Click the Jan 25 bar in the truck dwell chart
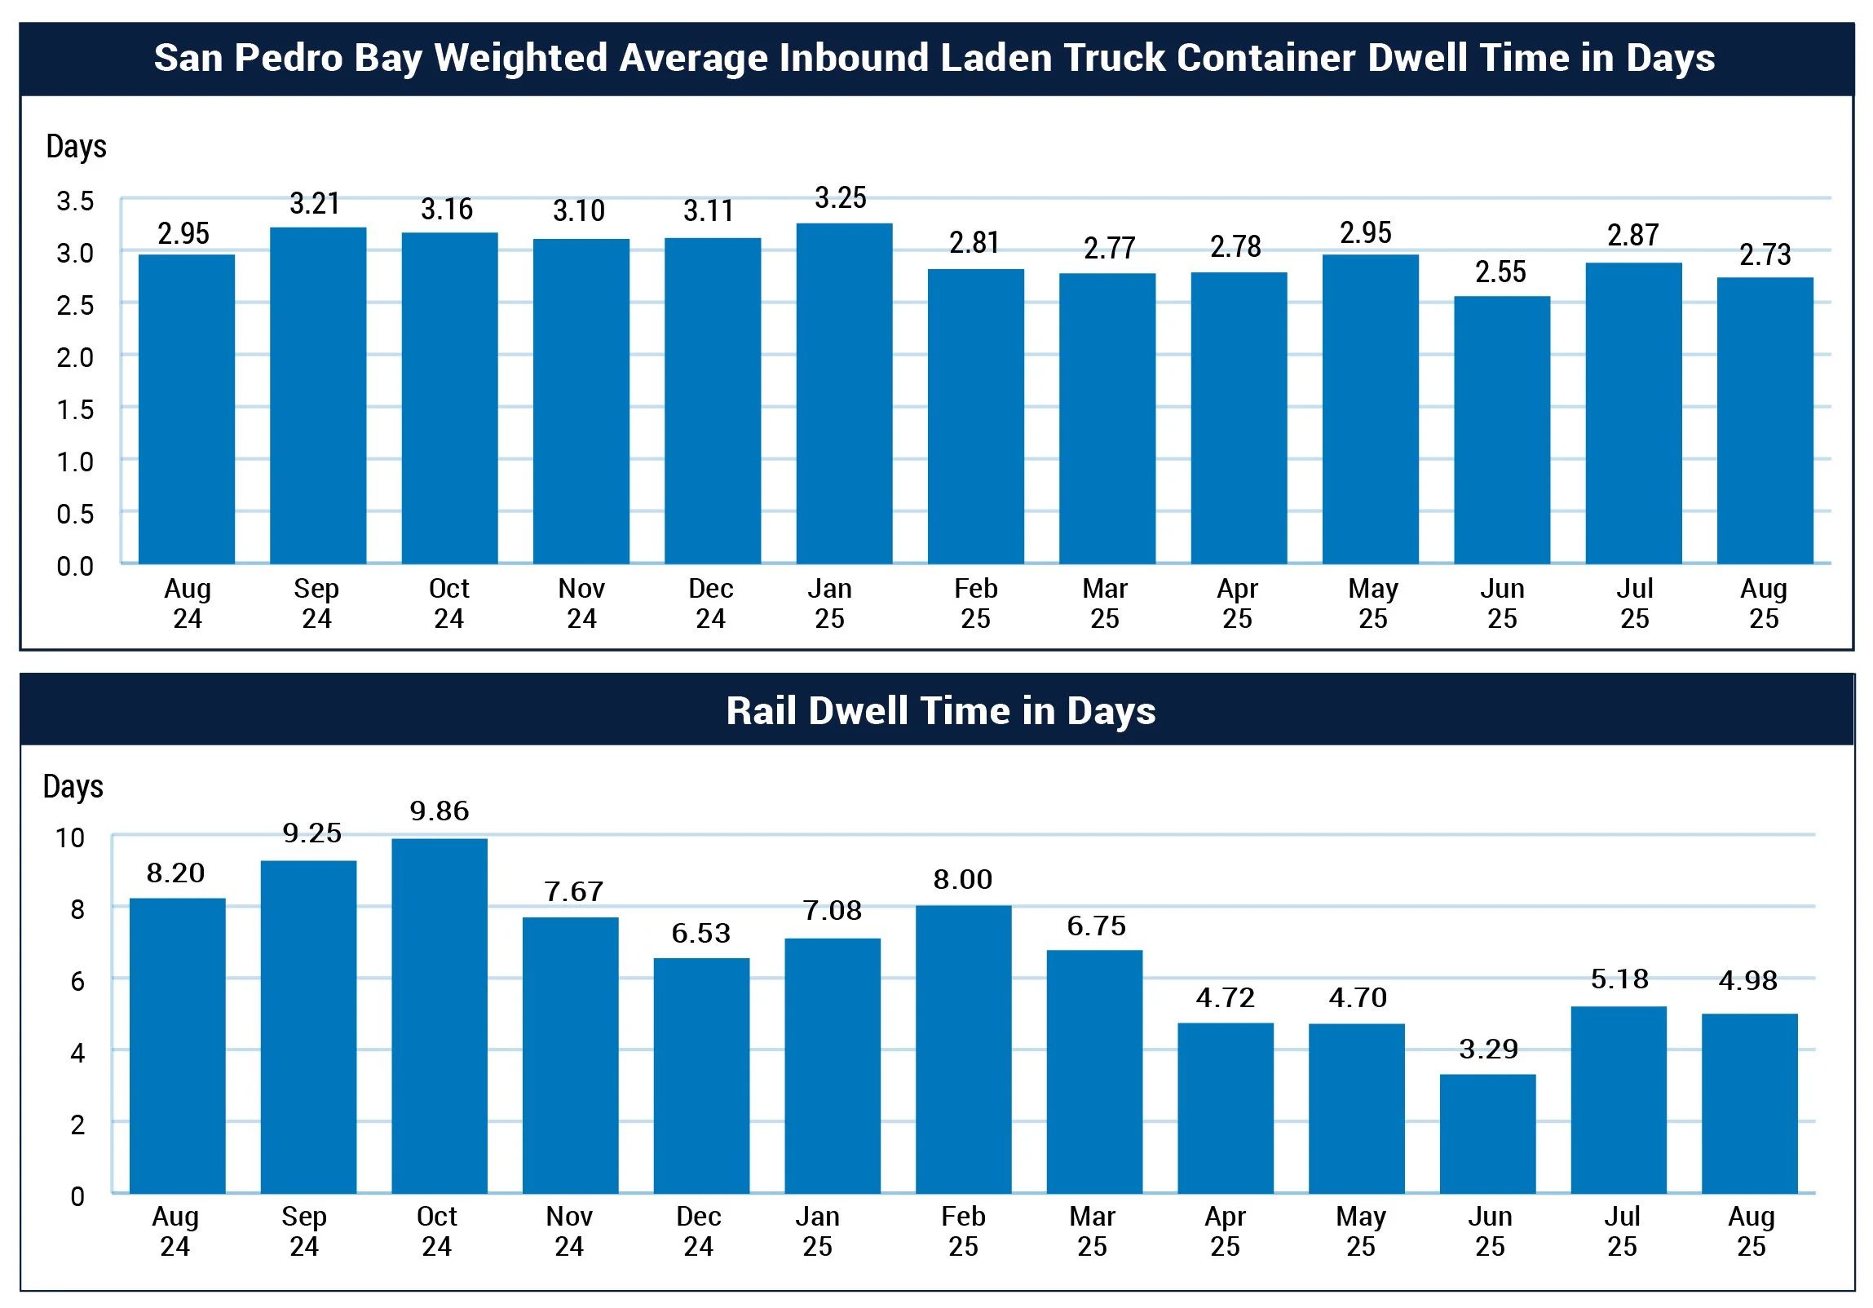843,393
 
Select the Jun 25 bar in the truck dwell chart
1501,430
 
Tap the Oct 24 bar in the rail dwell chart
439,1015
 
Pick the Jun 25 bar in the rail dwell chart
1487,1133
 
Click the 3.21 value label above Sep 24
315,203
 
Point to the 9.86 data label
439,811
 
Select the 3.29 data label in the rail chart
1488,1049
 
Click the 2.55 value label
1500,272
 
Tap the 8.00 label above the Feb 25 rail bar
963,879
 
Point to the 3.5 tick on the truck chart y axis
75,201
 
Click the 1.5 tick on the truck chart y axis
75,409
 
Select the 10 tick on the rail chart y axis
70,838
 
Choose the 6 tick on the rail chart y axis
77,981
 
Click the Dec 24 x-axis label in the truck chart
710,603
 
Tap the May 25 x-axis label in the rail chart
1360,1231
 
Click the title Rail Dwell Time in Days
940,711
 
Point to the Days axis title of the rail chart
73,786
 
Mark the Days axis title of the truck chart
77,146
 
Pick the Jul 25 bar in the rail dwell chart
1619,1099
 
